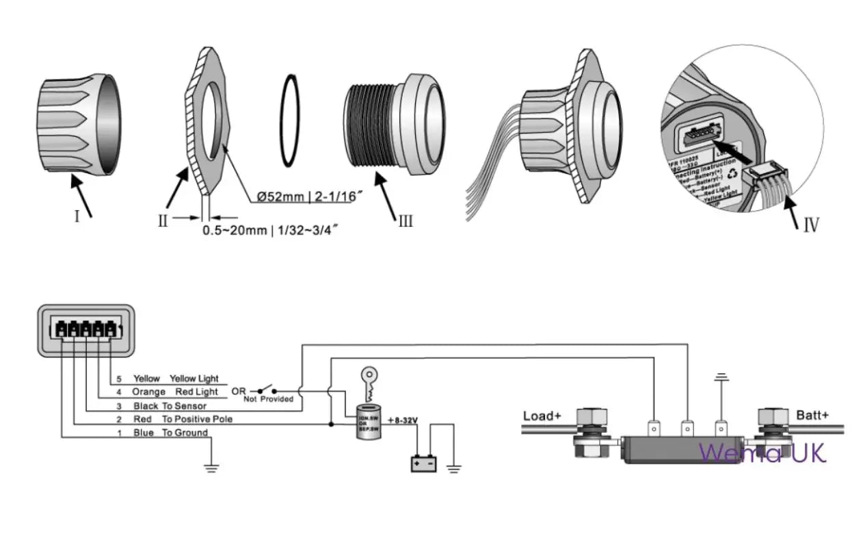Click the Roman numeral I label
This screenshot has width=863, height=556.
tap(77, 216)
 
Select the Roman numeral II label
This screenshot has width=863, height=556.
tap(163, 220)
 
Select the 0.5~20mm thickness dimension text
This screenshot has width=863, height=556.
tap(271, 231)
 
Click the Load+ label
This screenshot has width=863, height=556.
tap(542, 416)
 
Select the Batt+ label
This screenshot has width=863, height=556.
tap(812, 415)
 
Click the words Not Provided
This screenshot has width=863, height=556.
tap(269, 399)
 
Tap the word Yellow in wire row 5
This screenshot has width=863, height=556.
tap(147, 378)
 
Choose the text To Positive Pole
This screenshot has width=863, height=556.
tap(197, 419)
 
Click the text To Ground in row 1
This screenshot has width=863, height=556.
tap(185, 433)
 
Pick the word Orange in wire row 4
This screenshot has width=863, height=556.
tap(149, 392)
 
